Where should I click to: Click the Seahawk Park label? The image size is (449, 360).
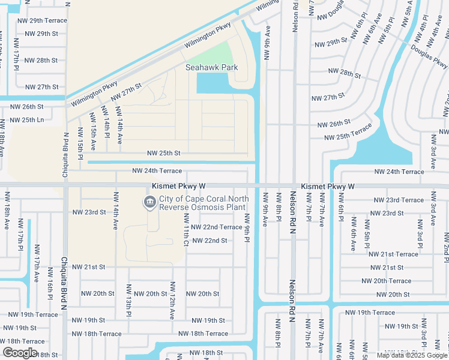[211, 67]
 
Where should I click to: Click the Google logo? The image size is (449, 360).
[20, 353]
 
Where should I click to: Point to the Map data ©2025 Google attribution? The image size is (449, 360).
[412, 355]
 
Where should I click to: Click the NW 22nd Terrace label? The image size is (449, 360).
[214, 227]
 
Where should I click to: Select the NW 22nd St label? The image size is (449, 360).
[209, 241]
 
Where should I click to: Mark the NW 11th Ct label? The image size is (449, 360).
[186, 230]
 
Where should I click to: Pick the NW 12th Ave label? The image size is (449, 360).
[172, 299]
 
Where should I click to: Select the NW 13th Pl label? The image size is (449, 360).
[128, 299]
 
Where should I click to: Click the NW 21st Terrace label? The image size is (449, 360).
[394, 254]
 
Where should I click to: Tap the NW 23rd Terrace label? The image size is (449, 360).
[398, 200]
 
